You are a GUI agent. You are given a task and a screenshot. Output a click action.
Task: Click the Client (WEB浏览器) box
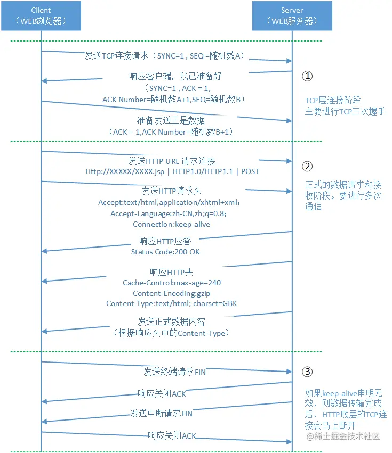coord(42,15)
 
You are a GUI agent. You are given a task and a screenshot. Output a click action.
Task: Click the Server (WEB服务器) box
coord(292,15)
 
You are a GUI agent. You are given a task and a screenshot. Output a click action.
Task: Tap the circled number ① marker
coord(307,76)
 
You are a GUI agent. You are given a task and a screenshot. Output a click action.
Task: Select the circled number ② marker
coord(307,166)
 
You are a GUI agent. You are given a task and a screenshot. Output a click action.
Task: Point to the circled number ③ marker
coord(307,372)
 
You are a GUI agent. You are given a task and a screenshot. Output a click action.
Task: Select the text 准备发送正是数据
coord(171,120)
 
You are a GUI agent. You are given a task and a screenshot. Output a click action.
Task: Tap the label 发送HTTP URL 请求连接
coord(172,161)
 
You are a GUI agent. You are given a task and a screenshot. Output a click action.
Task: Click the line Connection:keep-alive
coord(171,224)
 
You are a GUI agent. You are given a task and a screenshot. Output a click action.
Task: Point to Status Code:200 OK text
coord(165,251)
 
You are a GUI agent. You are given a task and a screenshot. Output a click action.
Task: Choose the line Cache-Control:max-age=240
coord(172,283)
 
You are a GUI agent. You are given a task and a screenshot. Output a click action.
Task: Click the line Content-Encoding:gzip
coord(171,293)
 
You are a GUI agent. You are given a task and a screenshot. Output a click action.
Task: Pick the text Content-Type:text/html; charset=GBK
coord(171,303)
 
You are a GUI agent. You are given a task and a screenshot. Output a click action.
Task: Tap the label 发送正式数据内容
coord(171,322)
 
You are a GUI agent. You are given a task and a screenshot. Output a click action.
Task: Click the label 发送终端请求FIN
coord(174,371)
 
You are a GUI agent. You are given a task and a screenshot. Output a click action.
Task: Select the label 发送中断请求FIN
coord(162,413)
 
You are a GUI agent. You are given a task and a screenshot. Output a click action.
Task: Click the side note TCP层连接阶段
coord(333,101)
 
